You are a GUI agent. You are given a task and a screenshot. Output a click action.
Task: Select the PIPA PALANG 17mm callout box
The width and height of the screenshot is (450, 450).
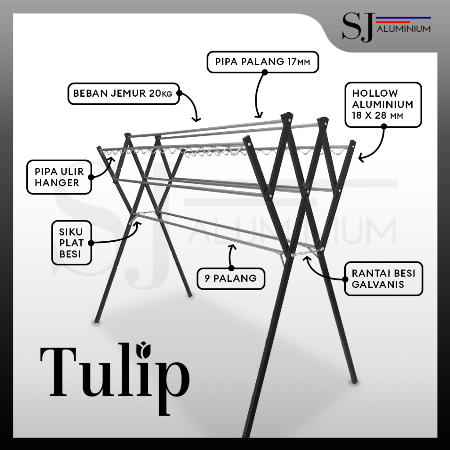(x=262, y=62)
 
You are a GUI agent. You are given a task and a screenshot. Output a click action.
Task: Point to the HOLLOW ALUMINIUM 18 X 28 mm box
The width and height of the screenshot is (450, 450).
(x=383, y=105)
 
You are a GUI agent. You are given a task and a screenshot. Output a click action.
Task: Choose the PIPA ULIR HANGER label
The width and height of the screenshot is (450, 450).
(x=59, y=177)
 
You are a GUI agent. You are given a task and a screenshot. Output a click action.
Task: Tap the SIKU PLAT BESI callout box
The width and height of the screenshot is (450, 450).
(x=71, y=243)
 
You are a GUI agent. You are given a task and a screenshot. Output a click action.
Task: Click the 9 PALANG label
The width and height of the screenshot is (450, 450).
(x=231, y=278)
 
